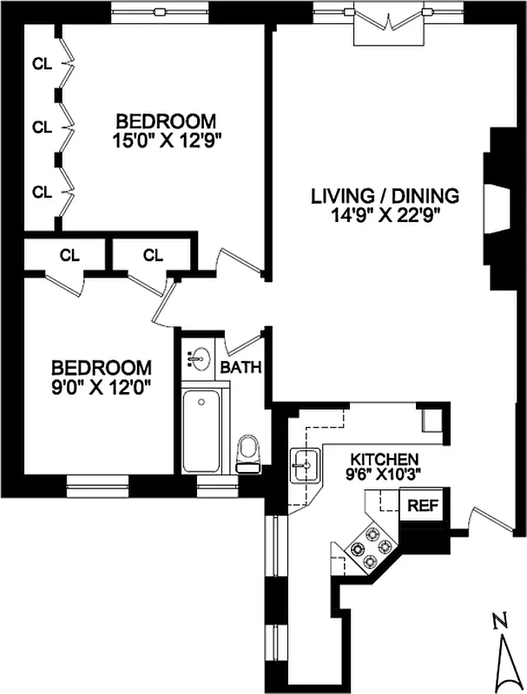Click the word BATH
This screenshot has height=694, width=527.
click(x=240, y=367)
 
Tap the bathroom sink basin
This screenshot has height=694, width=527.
click(x=198, y=358)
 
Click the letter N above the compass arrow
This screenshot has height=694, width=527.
click(x=498, y=621)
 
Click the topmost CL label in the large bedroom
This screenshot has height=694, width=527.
click(x=41, y=62)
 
